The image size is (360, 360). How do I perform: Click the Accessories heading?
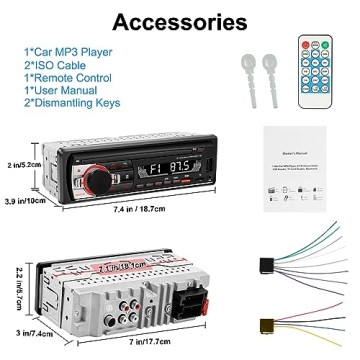(180, 21)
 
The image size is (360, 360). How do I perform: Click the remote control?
(317, 73)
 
